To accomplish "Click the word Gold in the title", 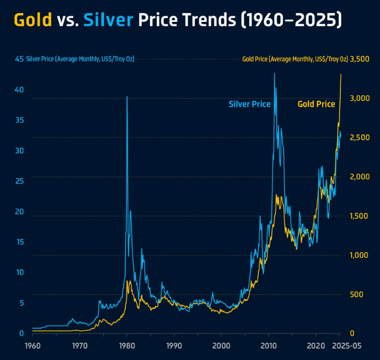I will pos(33,20).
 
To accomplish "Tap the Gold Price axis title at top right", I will pos(295,59).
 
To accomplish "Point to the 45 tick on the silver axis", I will pos(19,59).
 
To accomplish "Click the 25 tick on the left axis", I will pos(19,181).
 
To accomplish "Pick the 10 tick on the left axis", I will pos(19,272).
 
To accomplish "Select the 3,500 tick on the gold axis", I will pos(360,59).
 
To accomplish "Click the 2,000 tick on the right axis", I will pos(360,177).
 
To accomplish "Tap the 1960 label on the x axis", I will pos(32,345).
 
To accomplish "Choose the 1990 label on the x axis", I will pos(174,345).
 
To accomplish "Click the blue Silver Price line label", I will pos(250,104).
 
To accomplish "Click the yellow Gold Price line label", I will pos(316,104).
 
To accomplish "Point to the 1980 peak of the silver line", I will pos(127,97).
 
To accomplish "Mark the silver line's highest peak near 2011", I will pos(274,73).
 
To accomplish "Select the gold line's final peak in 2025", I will pos(341,74).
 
